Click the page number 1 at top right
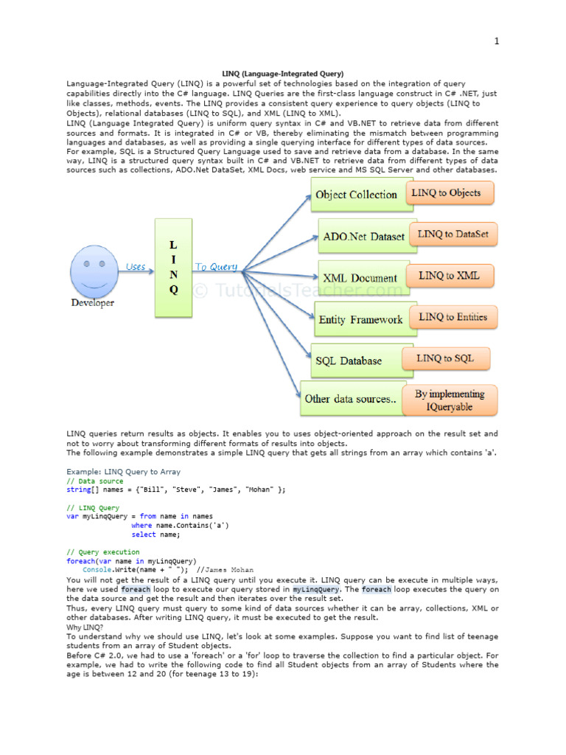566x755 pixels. click(x=497, y=41)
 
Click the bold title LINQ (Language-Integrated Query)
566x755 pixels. click(x=283, y=74)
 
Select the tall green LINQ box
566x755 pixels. click(x=173, y=267)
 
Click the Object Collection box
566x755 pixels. click(x=356, y=195)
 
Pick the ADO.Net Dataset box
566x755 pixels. click(x=364, y=237)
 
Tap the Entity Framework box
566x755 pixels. click(x=360, y=319)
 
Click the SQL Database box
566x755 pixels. click(x=349, y=361)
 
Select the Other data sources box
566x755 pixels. click(x=351, y=398)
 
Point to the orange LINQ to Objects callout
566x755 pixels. click(x=447, y=193)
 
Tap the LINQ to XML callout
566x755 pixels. click(x=449, y=276)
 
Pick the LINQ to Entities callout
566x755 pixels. click(x=453, y=317)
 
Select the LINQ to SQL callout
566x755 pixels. click(x=445, y=358)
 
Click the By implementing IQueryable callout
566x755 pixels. click(x=450, y=400)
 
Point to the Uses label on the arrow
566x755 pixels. click(x=136, y=266)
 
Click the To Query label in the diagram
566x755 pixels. click(x=216, y=267)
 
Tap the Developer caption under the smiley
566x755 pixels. click(x=92, y=302)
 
